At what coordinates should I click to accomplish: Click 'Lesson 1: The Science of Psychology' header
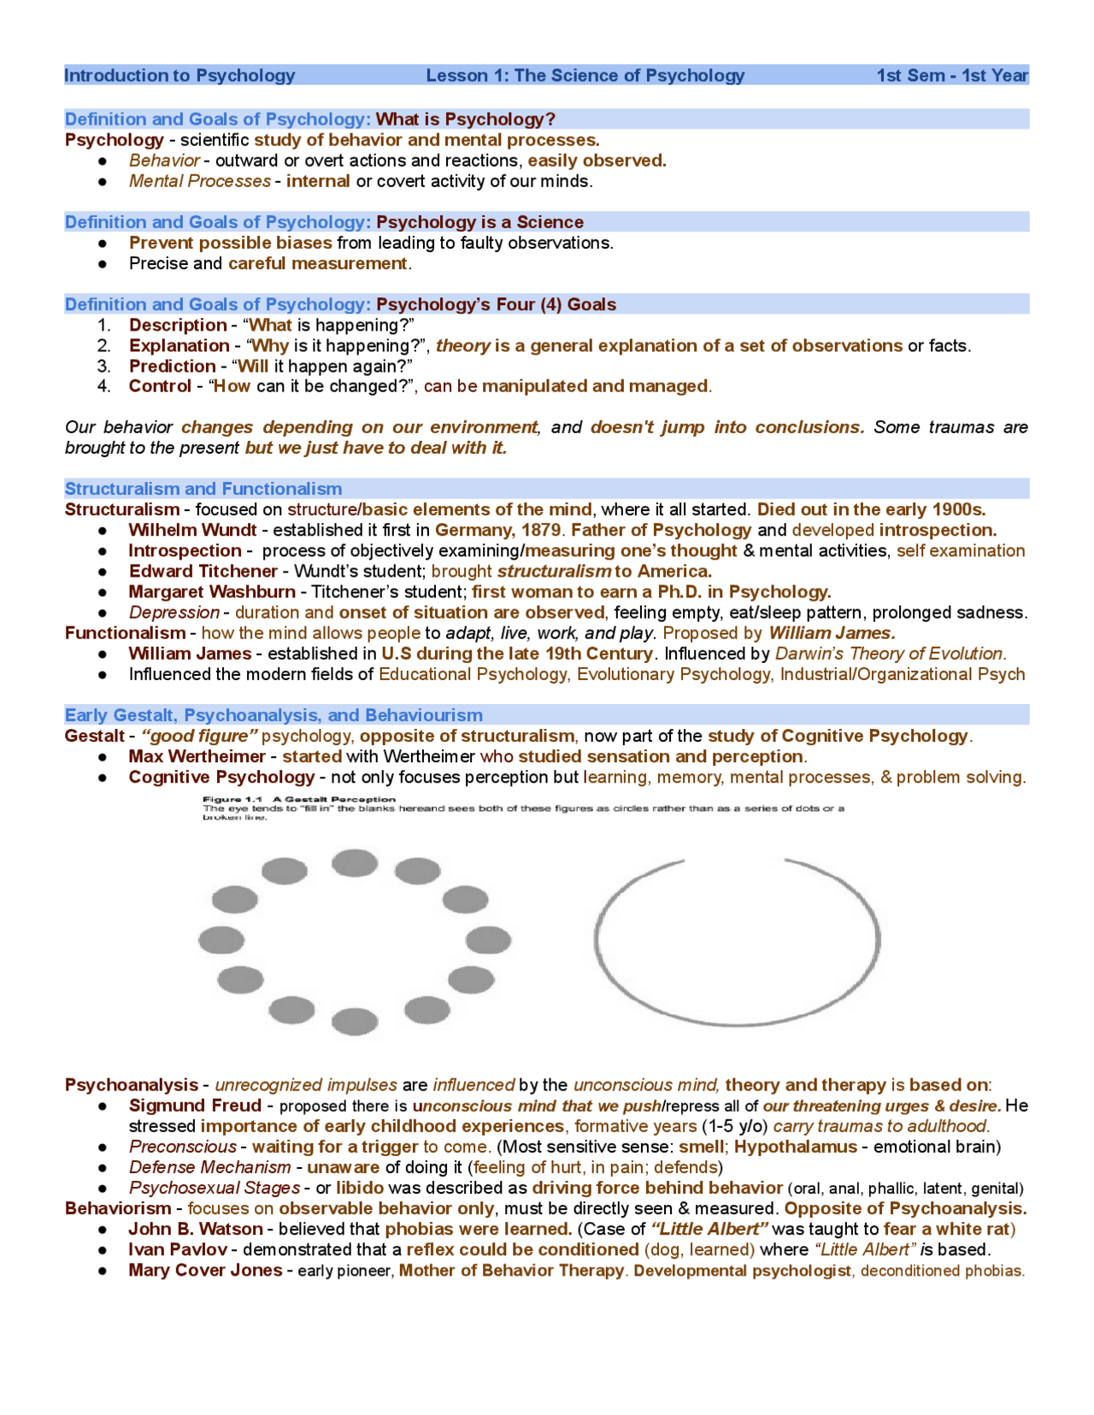click(x=585, y=75)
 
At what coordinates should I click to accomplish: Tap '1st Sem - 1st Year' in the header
click(x=952, y=75)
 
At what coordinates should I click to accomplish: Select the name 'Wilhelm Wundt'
click(x=192, y=530)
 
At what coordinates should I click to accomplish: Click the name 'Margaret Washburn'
click(x=212, y=591)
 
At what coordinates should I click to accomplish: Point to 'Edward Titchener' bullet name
click(x=203, y=571)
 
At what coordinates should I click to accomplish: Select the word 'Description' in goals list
click(x=177, y=325)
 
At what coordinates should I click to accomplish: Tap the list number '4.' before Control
click(x=104, y=386)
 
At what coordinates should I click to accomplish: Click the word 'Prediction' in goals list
click(x=172, y=366)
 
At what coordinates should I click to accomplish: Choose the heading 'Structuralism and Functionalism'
click(x=203, y=489)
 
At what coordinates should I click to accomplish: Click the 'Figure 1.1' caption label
click(x=232, y=800)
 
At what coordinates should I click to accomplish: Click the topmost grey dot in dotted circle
click(x=355, y=862)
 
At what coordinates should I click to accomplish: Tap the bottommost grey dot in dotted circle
click(x=355, y=1020)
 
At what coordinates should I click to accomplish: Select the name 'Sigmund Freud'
click(x=195, y=1105)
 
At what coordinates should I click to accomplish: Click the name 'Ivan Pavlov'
click(x=178, y=1249)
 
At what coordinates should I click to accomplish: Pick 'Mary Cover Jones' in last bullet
click(x=205, y=1270)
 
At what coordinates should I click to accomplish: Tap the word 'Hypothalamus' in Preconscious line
click(x=795, y=1146)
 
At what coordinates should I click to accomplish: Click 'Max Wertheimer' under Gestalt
click(x=197, y=756)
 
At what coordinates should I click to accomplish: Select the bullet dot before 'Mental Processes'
click(x=103, y=181)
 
